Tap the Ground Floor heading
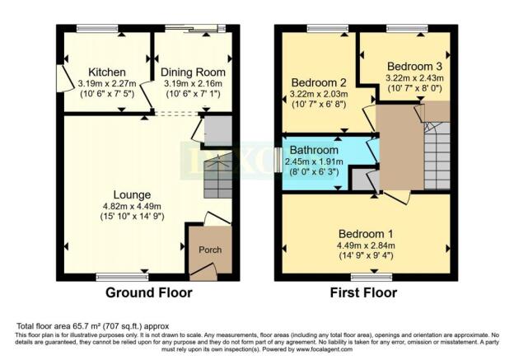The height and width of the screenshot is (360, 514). [148, 292]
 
